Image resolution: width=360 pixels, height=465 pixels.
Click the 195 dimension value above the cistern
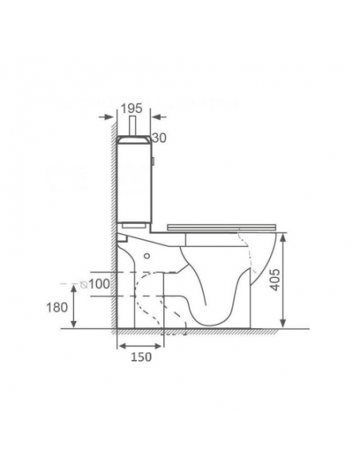[134, 107]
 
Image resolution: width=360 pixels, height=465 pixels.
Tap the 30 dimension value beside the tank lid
[158, 138]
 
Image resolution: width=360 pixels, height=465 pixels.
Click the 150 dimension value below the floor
[140, 357]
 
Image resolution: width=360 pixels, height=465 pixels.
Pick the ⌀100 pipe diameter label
[96, 284]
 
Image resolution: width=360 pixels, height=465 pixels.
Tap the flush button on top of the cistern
[134, 127]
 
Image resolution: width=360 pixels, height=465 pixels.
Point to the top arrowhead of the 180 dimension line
[76, 287]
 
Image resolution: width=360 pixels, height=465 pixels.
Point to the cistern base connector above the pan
[124, 236]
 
